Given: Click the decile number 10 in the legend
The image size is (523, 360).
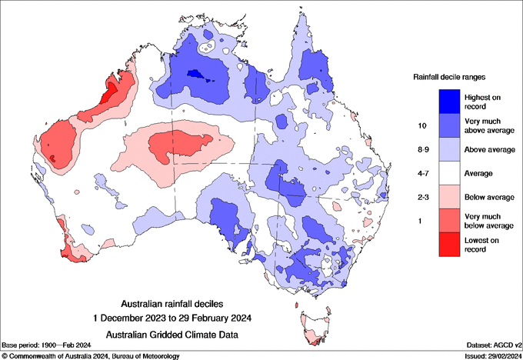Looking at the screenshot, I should (x=421, y=125).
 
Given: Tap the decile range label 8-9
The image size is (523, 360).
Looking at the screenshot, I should (x=421, y=148).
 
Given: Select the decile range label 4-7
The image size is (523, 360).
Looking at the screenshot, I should (x=421, y=173).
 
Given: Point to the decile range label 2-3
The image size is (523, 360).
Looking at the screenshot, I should (x=421, y=198).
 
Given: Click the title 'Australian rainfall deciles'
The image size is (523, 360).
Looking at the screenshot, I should (x=176, y=303).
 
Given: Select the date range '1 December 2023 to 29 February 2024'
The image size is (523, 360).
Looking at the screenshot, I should (x=176, y=317).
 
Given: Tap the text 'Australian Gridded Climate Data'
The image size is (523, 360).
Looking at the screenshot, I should (x=176, y=334).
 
